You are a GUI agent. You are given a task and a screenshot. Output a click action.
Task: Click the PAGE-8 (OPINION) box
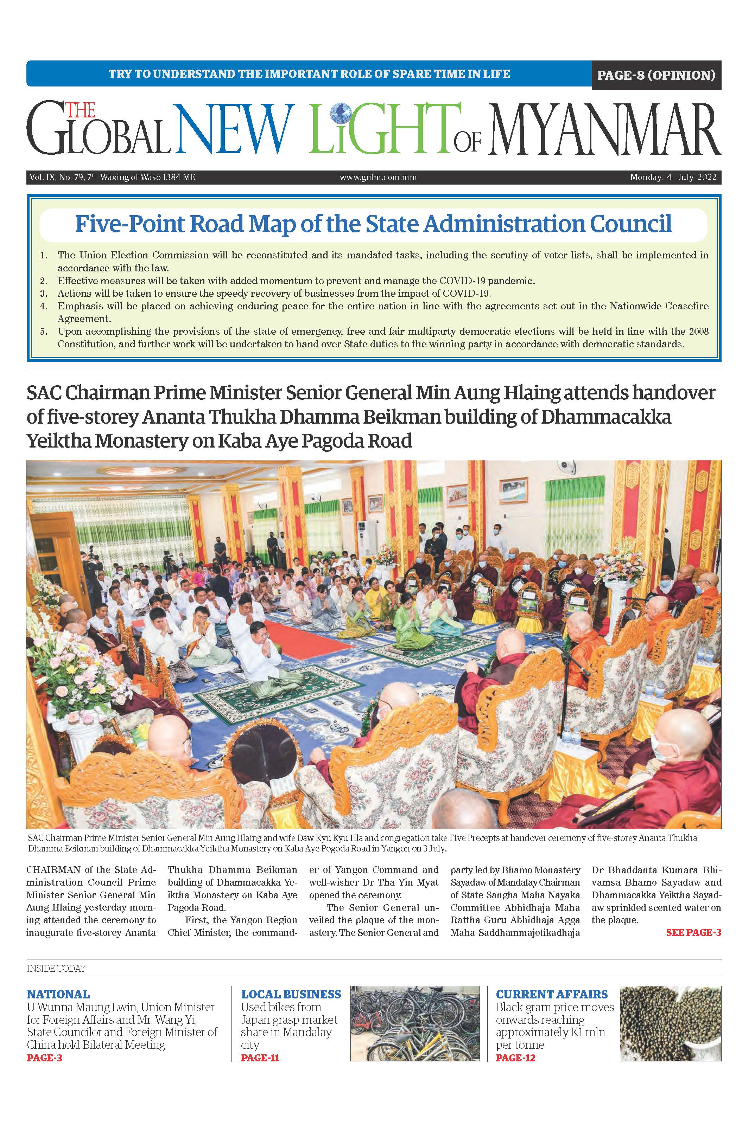point(656,75)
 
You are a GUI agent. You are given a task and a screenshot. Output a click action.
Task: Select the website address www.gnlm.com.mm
point(378,177)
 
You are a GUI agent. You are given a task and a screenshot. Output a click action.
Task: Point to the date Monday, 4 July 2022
point(673,177)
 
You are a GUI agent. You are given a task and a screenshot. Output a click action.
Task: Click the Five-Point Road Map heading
point(373,224)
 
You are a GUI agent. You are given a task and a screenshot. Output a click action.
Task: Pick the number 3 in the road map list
point(44,293)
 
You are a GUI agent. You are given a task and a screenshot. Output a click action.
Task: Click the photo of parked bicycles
point(414,1023)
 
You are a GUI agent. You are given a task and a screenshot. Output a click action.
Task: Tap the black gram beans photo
point(670,1023)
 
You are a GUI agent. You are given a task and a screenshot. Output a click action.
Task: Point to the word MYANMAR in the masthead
point(604,129)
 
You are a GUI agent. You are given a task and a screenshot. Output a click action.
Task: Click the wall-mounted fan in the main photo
point(565,466)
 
